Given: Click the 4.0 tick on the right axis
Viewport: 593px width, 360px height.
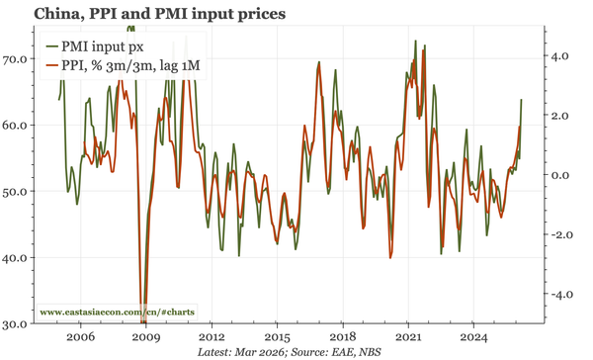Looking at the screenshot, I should click(x=562, y=56).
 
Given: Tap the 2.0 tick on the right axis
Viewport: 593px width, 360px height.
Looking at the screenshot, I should click(x=562, y=116).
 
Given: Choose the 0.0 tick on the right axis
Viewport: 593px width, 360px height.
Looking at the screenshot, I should click(x=562, y=175).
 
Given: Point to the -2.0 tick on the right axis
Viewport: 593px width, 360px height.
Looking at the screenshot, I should click(x=560, y=234).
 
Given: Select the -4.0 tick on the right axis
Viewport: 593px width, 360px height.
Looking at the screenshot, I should click(x=560, y=295).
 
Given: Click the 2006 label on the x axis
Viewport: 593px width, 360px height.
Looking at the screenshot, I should click(x=80, y=337).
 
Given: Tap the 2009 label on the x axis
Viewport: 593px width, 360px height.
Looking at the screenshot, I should click(x=145, y=337).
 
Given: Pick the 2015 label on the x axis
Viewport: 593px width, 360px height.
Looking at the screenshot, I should click(x=277, y=337).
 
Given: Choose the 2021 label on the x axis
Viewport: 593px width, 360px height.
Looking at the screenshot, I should click(x=407, y=337).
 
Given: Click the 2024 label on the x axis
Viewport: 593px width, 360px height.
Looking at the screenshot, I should click(x=472, y=337).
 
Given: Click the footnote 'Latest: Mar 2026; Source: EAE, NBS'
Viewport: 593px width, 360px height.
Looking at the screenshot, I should click(x=296, y=352).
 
